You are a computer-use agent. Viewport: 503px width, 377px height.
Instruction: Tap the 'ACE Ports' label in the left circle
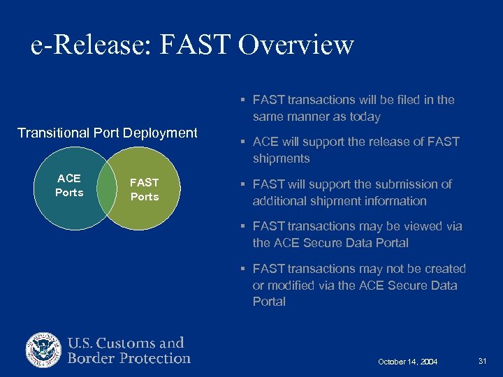[69, 185]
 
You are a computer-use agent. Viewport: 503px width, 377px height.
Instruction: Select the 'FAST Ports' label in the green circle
[145, 189]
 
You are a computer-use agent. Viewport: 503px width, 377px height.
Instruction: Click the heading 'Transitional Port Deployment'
[108, 133]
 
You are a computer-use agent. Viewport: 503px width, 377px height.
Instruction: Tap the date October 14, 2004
[407, 362]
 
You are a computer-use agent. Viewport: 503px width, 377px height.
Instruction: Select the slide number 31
[482, 361]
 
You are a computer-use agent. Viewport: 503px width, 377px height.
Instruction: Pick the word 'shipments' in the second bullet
[281, 158]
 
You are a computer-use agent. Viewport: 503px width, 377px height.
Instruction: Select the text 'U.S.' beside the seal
[83, 343]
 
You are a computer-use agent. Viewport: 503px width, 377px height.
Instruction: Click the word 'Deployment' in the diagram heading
[163, 133]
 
